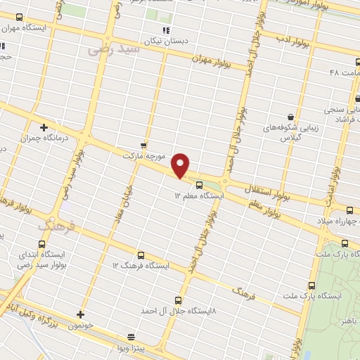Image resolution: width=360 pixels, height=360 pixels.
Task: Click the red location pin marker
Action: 181,165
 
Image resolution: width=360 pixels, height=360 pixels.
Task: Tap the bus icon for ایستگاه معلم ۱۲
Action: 199,185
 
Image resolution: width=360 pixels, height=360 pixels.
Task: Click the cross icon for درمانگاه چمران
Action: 44,127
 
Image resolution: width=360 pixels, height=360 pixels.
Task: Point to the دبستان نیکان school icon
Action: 166,30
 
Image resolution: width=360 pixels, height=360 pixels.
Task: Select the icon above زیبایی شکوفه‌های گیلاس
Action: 290,117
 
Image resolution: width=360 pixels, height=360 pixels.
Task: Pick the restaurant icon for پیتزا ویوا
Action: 130,336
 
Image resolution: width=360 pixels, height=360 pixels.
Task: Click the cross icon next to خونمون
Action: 81,314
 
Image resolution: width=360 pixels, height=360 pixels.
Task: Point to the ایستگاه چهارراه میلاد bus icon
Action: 350,210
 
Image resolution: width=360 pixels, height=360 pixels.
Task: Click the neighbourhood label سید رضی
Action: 104,50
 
